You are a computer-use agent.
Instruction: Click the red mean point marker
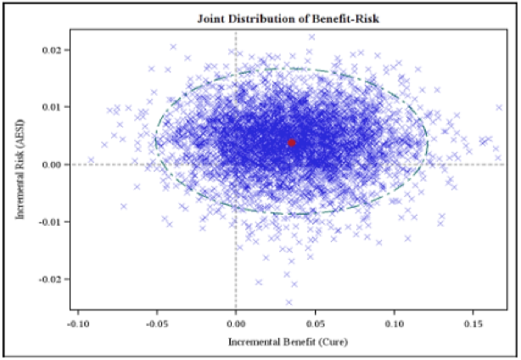point(292,143)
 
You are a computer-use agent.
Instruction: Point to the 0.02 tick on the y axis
point(53,50)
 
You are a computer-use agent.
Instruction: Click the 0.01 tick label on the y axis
point(53,107)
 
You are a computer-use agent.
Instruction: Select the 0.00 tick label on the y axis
point(53,164)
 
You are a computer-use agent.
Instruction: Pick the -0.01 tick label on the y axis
point(51,222)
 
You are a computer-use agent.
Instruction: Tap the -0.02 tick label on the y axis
point(51,278)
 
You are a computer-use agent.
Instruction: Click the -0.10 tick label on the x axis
point(78,323)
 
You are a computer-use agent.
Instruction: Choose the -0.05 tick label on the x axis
point(157,323)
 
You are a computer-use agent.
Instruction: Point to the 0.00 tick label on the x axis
point(236,323)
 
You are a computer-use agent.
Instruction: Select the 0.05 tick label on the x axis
point(315,323)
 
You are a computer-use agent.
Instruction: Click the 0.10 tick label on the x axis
point(394,323)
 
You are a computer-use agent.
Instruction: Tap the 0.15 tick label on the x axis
point(473,323)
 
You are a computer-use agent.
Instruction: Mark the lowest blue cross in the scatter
point(289,301)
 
